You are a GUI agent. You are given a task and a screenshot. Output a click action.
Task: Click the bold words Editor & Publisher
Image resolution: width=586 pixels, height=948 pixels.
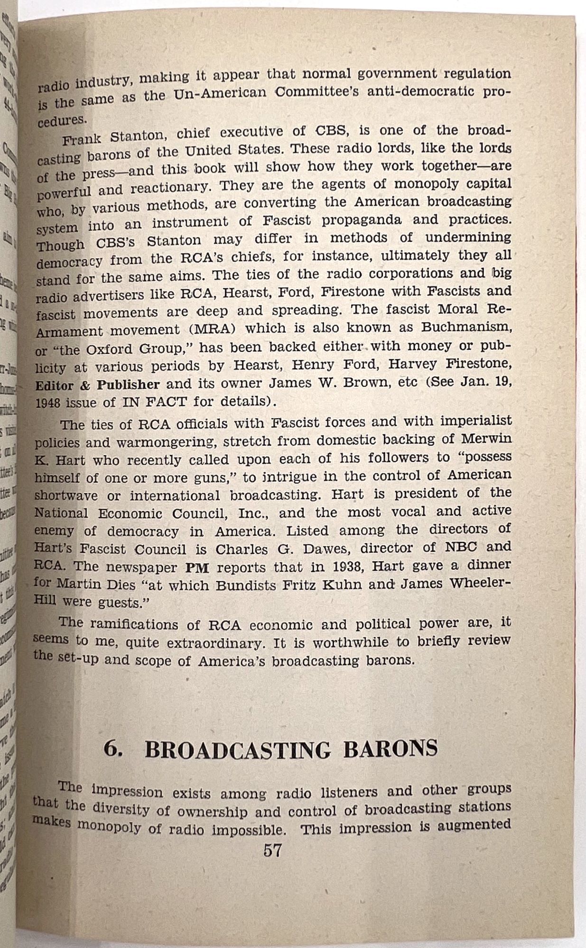98,385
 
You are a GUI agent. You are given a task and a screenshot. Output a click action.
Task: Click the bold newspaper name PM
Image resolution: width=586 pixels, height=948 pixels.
196,567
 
